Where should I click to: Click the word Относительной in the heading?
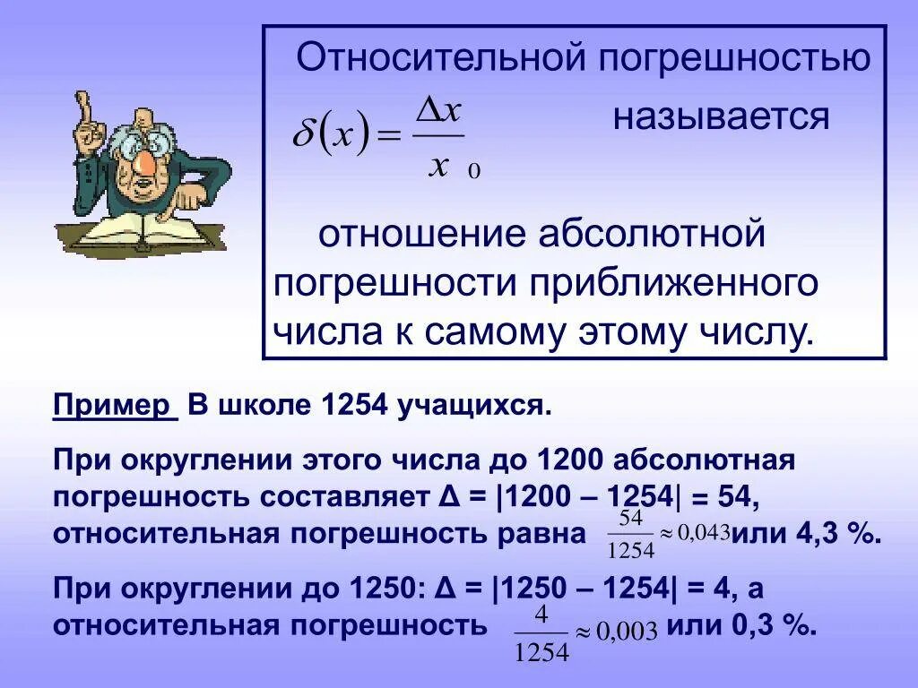(438, 59)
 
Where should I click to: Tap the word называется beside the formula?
(721, 117)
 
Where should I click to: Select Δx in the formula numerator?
(438, 112)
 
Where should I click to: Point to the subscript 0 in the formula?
(474, 172)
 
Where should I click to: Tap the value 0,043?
(705, 532)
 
